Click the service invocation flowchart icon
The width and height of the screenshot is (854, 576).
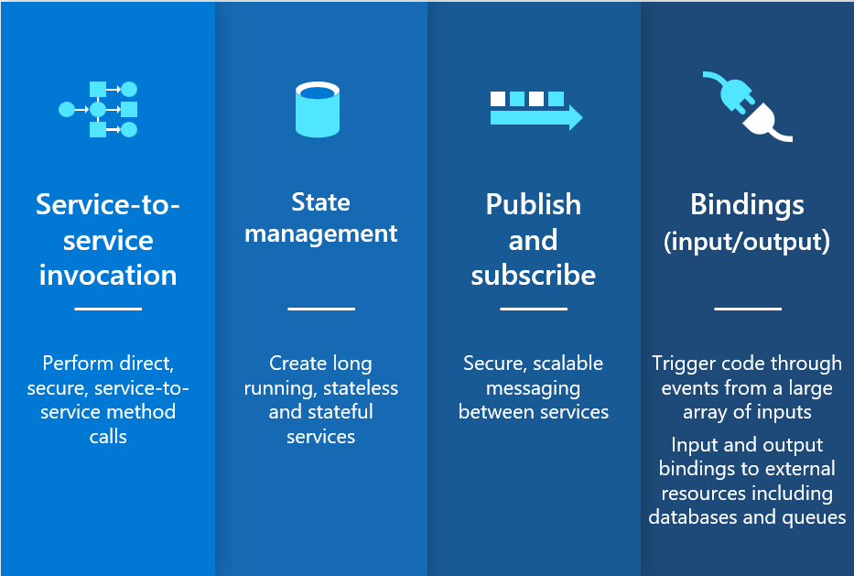pyautogui.click(x=98, y=110)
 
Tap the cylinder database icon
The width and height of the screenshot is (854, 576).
pyautogui.click(x=318, y=109)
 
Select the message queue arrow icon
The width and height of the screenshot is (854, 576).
pyautogui.click(x=536, y=111)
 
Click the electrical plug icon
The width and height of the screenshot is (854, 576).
pyautogui.click(x=747, y=107)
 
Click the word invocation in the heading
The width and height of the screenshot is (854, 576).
pyautogui.click(x=108, y=276)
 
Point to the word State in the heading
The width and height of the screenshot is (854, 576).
pyautogui.click(x=320, y=202)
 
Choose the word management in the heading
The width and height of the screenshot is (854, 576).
pyautogui.click(x=320, y=234)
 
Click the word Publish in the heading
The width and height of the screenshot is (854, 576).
pyautogui.click(x=534, y=204)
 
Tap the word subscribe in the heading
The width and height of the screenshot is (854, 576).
pyautogui.click(x=534, y=276)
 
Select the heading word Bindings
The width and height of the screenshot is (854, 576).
pyautogui.click(x=747, y=206)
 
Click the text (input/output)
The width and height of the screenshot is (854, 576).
pyautogui.click(x=747, y=242)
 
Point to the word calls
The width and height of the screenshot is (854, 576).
pyautogui.click(x=108, y=437)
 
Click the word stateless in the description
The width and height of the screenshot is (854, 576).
pyautogui.click(x=361, y=388)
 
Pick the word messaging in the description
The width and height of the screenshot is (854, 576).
pyautogui.click(x=534, y=389)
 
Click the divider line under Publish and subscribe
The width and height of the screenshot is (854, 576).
pyautogui.click(x=534, y=309)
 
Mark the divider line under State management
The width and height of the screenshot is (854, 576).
pyautogui.click(x=321, y=309)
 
